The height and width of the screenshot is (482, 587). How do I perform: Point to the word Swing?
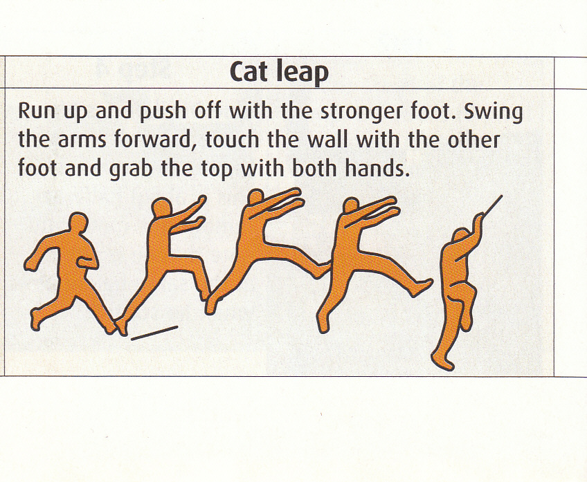[494, 112]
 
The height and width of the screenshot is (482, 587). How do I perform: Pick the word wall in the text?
[327, 139]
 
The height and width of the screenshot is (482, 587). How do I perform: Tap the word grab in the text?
[131, 169]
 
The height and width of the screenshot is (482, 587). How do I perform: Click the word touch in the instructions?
[232, 140]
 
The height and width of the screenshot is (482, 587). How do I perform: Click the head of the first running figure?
[78, 223]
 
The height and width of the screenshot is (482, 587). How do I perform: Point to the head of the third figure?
[256, 198]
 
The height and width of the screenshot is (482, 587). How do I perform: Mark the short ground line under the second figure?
[154, 333]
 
